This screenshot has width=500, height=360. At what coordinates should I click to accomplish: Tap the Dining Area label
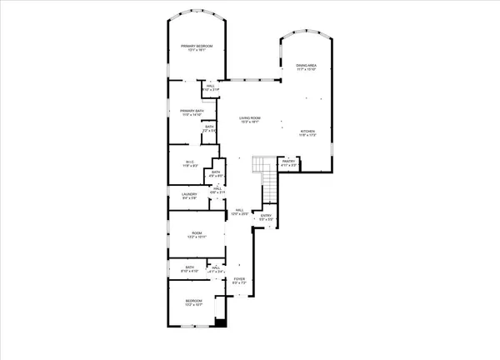304,65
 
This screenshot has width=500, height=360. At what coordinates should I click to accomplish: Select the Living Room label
249,118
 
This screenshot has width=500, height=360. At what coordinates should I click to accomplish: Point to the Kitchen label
307,131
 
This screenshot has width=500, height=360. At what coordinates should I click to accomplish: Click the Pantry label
287,162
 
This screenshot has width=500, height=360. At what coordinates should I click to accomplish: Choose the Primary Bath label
192,110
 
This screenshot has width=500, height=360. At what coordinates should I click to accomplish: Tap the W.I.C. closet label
190,162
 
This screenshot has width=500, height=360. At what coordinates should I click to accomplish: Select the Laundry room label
189,194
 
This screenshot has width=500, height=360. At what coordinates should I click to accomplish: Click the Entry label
266,216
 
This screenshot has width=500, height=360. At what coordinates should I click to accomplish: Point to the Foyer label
239,279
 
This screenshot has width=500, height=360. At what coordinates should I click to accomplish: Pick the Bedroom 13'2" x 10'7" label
193,300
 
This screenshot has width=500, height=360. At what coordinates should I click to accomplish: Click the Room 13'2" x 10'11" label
197,233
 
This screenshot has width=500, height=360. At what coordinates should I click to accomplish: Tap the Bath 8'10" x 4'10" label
189,267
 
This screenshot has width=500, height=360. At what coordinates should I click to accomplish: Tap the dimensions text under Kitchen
307,135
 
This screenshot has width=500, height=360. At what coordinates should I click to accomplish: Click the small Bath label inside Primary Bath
210,127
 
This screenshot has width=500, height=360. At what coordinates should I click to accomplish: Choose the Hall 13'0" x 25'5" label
239,210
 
